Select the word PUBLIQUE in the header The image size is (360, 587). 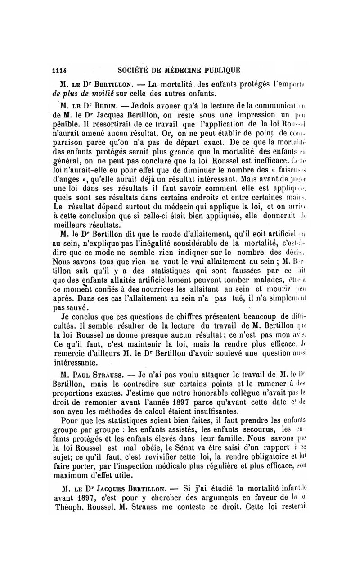(x=219, y=70)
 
